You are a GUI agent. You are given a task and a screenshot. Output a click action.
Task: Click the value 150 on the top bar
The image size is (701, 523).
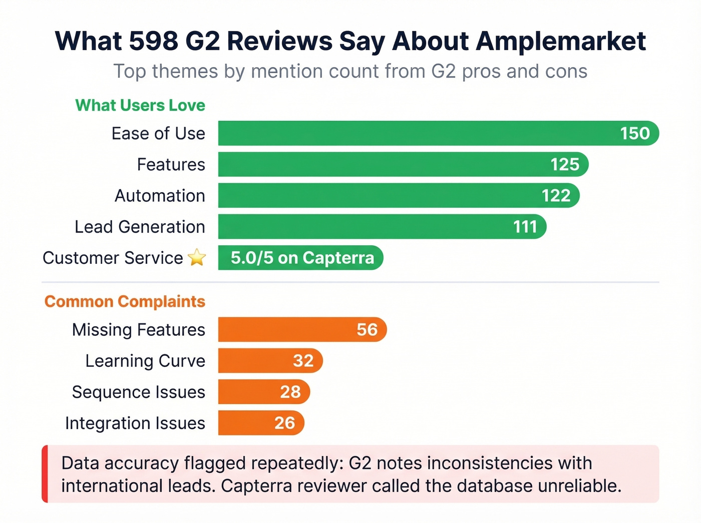click(x=635, y=133)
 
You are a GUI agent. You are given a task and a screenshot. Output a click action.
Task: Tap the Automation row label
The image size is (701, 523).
click(x=160, y=196)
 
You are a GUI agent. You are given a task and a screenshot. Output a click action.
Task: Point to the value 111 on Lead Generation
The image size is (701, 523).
click(x=525, y=227)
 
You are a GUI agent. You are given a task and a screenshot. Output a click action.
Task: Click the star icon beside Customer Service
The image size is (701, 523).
click(x=197, y=258)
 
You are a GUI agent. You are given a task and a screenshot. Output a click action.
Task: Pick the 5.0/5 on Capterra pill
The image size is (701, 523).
click(x=301, y=258)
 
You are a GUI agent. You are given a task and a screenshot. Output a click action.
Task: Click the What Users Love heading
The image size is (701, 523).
click(x=140, y=105)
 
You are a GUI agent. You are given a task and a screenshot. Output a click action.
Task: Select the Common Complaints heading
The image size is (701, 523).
click(x=125, y=301)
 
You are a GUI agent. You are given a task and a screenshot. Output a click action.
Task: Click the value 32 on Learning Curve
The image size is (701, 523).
click(x=303, y=360)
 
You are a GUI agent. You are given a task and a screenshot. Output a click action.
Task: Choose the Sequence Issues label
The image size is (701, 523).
click(x=138, y=392)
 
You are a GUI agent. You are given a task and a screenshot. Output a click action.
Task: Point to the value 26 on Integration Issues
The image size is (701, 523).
click(x=284, y=423)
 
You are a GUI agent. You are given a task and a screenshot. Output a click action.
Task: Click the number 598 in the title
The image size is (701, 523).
click(x=153, y=41)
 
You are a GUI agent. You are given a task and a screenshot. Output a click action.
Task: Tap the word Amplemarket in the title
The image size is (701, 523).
click(x=561, y=41)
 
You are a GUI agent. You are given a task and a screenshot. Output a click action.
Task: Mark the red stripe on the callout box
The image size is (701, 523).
click(x=45, y=474)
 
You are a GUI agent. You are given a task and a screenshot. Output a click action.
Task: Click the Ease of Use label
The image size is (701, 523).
click(x=158, y=134)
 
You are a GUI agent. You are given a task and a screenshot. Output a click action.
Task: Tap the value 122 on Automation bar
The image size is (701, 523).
click(x=556, y=196)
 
